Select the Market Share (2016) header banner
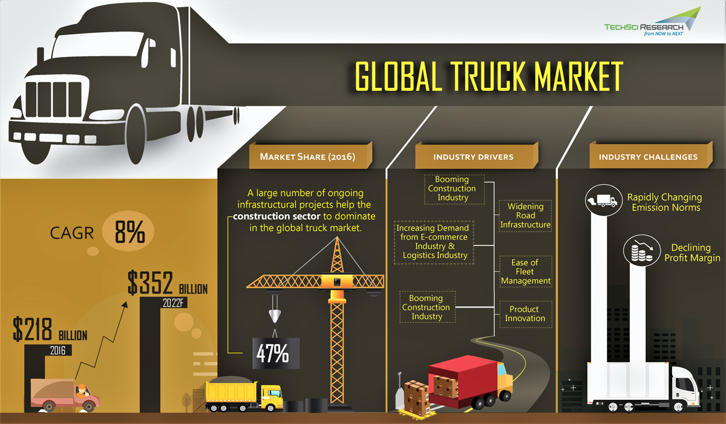click(307, 157)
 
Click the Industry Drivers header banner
click(473, 157)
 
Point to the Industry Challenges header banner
click(648, 157)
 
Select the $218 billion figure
click(50, 331)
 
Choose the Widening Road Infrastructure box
click(525, 216)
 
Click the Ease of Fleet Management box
click(525, 272)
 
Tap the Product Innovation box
click(525, 314)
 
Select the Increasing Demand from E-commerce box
click(434, 242)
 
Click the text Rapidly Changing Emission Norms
click(664, 202)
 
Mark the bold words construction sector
click(276, 216)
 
